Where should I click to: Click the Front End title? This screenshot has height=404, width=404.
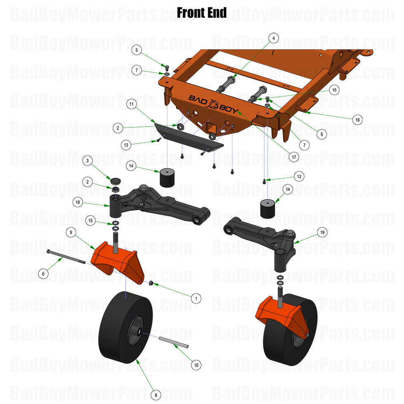pyautogui.click(x=202, y=13)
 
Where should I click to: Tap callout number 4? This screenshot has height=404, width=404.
pyautogui.click(x=273, y=38)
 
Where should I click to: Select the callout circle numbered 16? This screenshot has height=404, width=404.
pyautogui.click(x=357, y=120)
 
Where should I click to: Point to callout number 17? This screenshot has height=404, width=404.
pyautogui.click(x=294, y=157)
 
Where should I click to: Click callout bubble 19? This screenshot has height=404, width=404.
pyautogui.click(x=322, y=233)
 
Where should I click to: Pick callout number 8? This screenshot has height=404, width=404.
pyautogui.click(x=156, y=395)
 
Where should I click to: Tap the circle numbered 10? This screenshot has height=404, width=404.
pyautogui.click(x=196, y=365)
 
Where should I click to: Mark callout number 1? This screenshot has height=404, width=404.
pyautogui.click(x=196, y=298)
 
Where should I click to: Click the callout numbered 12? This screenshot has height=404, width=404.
pyautogui.click(x=299, y=176)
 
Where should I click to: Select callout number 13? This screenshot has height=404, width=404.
pyautogui.click(x=127, y=145)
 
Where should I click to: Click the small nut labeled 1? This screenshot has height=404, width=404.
pyautogui.click(x=151, y=283)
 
